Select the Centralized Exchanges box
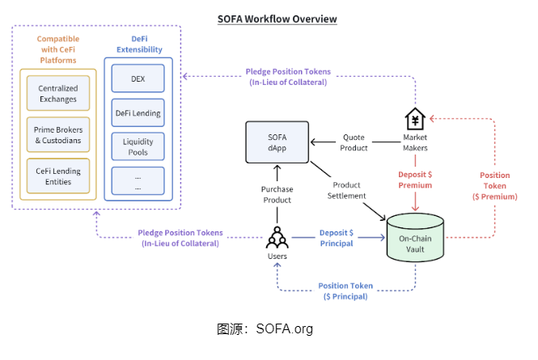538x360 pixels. pyautogui.click(x=57, y=93)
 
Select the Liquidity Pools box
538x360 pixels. pyautogui.click(x=138, y=146)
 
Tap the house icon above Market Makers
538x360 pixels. pyautogui.click(x=415, y=119)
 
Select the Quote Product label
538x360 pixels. pyautogui.click(x=354, y=142)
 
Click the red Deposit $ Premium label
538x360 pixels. pyautogui.click(x=416, y=180)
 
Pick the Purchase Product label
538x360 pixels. pyautogui.click(x=277, y=194)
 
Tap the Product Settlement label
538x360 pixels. pyautogui.click(x=347, y=190)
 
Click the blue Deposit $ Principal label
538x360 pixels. pyautogui.click(x=336, y=238)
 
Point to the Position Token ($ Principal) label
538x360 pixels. pyautogui.click(x=345, y=291)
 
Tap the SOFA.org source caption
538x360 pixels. pyautogui.click(x=265, y=329)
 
